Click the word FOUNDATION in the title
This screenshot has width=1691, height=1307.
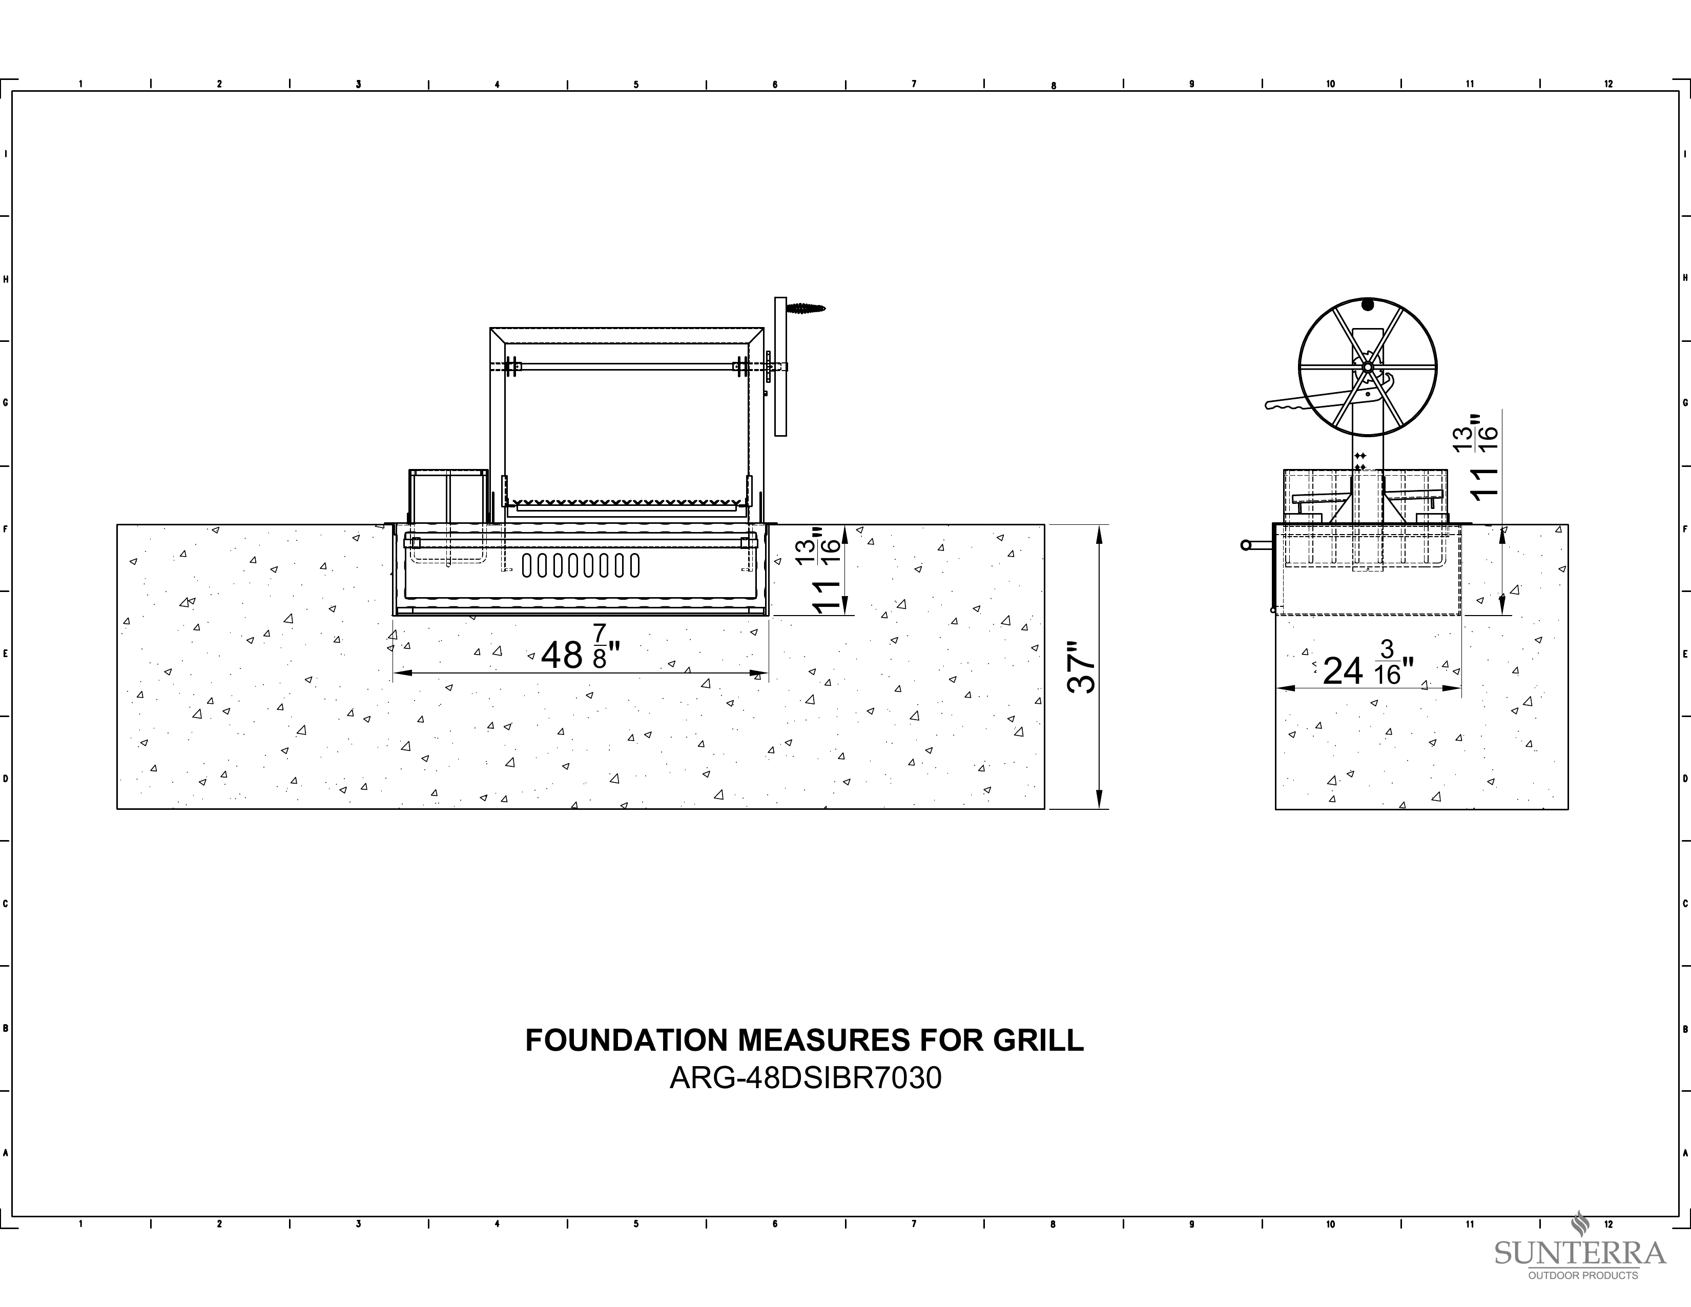point(627,1040)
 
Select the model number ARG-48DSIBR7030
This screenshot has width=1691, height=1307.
point(805,1078)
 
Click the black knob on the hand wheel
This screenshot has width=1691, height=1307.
point(1368,304)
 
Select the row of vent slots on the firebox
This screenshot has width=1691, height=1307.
point(581,565)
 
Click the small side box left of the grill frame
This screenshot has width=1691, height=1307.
point(448,496)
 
